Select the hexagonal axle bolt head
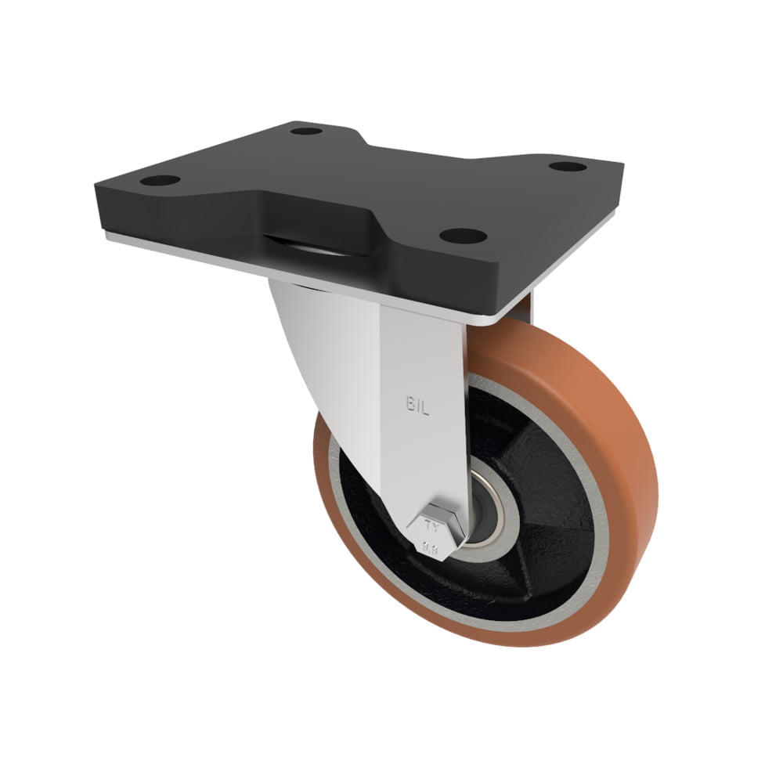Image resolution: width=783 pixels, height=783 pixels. [x=435, y=532]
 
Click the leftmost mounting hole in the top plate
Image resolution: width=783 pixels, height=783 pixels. [x=160, y=181]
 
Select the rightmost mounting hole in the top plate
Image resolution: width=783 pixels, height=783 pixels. [x=568, y=166]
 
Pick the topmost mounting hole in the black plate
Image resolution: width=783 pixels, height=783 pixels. [x=307, y=131]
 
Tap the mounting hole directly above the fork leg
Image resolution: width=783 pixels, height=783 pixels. [x=463, y=235]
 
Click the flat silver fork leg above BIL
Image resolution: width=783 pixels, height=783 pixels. [x=423, y=352]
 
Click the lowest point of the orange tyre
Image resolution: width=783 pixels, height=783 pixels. [x=485, y=644]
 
